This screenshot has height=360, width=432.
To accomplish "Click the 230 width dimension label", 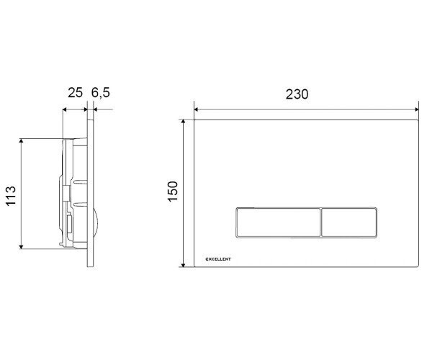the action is click(297, 94).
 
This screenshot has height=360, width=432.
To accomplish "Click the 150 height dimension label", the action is click(174, 192).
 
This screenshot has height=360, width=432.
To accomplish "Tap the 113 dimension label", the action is click(11, 196).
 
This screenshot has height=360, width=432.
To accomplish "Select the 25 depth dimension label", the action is click(75, 93).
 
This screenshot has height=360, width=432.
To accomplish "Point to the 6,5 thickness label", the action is click(101, 93).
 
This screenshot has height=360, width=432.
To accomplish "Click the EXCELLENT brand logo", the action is click(218, 259).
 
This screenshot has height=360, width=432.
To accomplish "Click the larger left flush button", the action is click(278, 222).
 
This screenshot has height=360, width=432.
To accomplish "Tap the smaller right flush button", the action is click(349, 222).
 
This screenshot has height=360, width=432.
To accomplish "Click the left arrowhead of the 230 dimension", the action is click(196, 109).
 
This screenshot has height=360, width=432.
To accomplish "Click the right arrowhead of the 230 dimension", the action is click(417, 109).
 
